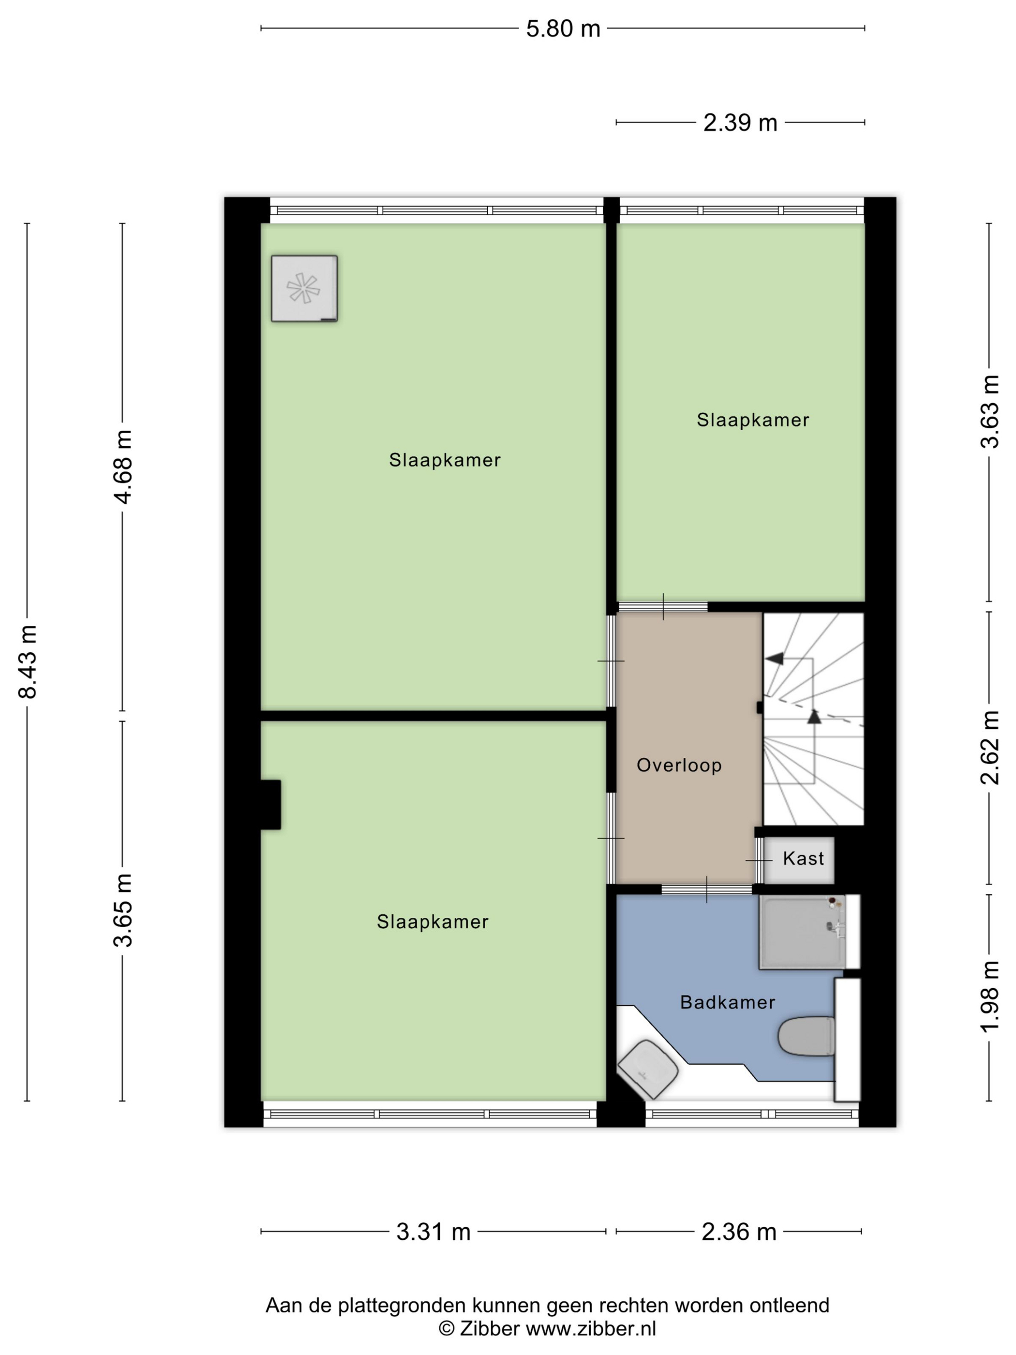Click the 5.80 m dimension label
[x=563, y=29]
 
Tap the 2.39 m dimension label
[x=740, y=123]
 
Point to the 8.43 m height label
[x=28, y=662]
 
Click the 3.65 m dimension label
[x=123, y=910]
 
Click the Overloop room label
[x=679, y=765]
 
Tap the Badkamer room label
[x=728, y=1002]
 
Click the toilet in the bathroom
[x=807, y=1036]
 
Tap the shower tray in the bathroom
[x=802, y=932]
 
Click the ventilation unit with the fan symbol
[x=304, y=288]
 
